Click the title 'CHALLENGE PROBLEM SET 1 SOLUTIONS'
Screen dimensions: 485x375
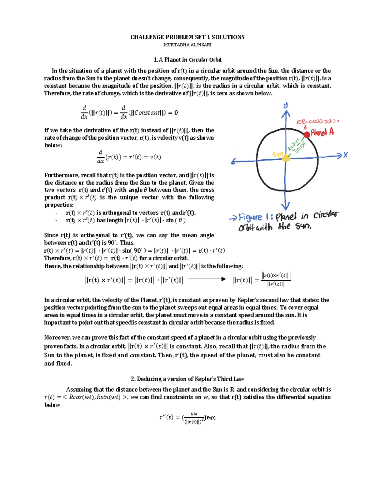(187, 37)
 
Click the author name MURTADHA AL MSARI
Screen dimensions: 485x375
(187, 45)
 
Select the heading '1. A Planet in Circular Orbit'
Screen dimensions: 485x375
(187, 60)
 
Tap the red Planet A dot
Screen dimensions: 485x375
(307, 134)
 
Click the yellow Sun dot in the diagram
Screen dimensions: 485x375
(286, 158)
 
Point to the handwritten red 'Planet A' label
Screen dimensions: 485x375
(322, 132)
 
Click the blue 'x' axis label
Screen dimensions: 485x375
(345, 155)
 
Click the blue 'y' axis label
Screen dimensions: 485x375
(286, 106)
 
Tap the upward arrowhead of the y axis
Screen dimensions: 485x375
(286, 114)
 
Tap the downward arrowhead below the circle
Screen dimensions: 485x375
(285, 206)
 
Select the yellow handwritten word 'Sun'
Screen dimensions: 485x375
(277, 154)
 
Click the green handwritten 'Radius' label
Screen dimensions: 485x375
(294, 144)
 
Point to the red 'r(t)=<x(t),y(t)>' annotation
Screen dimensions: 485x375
(318, 121)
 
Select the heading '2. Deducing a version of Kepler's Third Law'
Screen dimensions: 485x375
(187, 379)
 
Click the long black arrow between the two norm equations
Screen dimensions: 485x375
(207, 279)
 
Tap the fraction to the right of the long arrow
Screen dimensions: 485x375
(276, 280)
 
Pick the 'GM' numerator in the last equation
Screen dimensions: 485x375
(194, 414)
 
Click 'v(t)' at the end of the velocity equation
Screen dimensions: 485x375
(155, 157)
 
